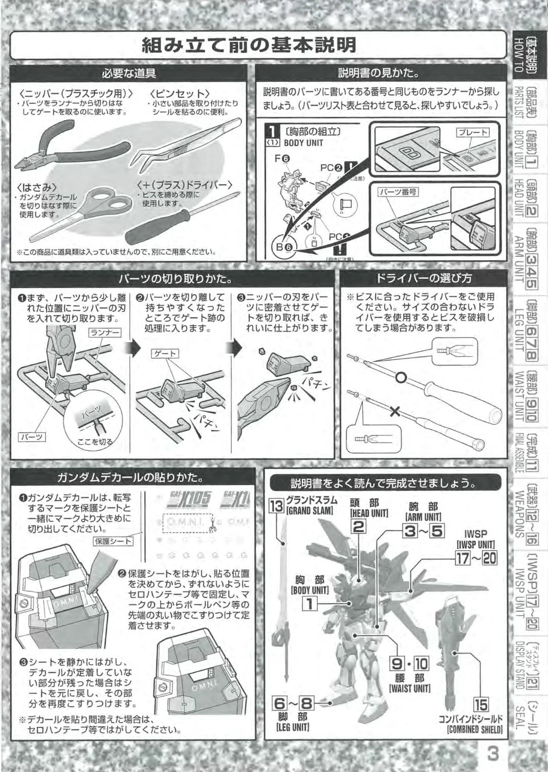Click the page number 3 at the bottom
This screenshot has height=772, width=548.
pos(493,754)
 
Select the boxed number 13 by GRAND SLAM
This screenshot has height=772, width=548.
pos(277,506)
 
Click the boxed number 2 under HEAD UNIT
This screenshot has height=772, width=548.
pos(359,525)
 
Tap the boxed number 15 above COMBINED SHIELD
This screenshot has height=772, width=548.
pos(481,704)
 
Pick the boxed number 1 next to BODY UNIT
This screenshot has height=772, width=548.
pos(310,603)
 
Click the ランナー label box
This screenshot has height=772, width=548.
pos(105,333)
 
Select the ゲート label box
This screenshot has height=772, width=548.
pos(165,354)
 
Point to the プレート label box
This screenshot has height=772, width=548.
pos(472,132)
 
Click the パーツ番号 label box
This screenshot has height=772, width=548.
pos(398,192)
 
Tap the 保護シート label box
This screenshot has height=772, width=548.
pos(113,541)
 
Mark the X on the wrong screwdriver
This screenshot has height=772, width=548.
pos(395,411)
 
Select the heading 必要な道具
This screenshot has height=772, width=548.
pos(129,74)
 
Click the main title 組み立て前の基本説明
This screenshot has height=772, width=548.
pos(249,45)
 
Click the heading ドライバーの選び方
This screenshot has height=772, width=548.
pos(423,278)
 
